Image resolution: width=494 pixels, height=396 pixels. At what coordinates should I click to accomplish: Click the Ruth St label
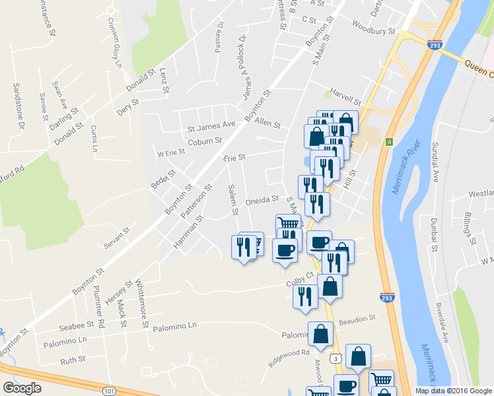[x=73, y=360]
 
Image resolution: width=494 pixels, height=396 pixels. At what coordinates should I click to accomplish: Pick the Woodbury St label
[x=373, y=30]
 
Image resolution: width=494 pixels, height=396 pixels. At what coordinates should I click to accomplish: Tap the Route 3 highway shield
[x=336, y=358]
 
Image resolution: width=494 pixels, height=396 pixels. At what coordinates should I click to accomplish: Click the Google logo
[x=22, y=387]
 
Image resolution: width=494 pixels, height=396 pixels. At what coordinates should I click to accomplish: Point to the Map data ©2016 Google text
[x=454, y=391]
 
